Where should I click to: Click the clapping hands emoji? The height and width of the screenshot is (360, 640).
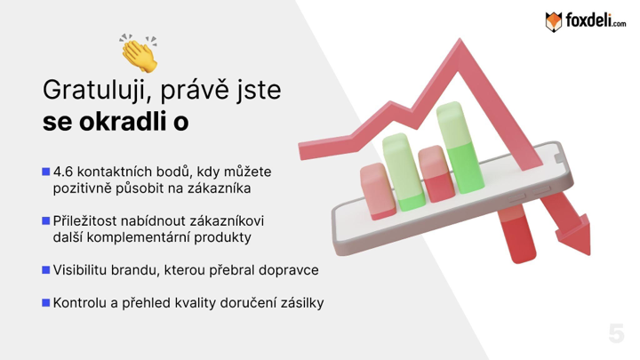click(x=139, y=53)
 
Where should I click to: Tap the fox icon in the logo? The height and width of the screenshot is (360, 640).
click(x=554, y=21)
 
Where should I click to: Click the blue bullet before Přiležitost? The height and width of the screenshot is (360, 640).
click(x=45, y=220)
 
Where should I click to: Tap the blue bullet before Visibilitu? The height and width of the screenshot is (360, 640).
click(x=45, y=270)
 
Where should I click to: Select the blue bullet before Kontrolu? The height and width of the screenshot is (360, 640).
click(x=45, y=302)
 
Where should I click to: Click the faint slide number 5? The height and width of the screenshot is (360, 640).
click(x=616, y=333)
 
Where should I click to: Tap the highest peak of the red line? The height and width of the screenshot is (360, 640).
click(x=460, y=41)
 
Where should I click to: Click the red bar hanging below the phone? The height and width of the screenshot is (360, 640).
click(x=517, y=234)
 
